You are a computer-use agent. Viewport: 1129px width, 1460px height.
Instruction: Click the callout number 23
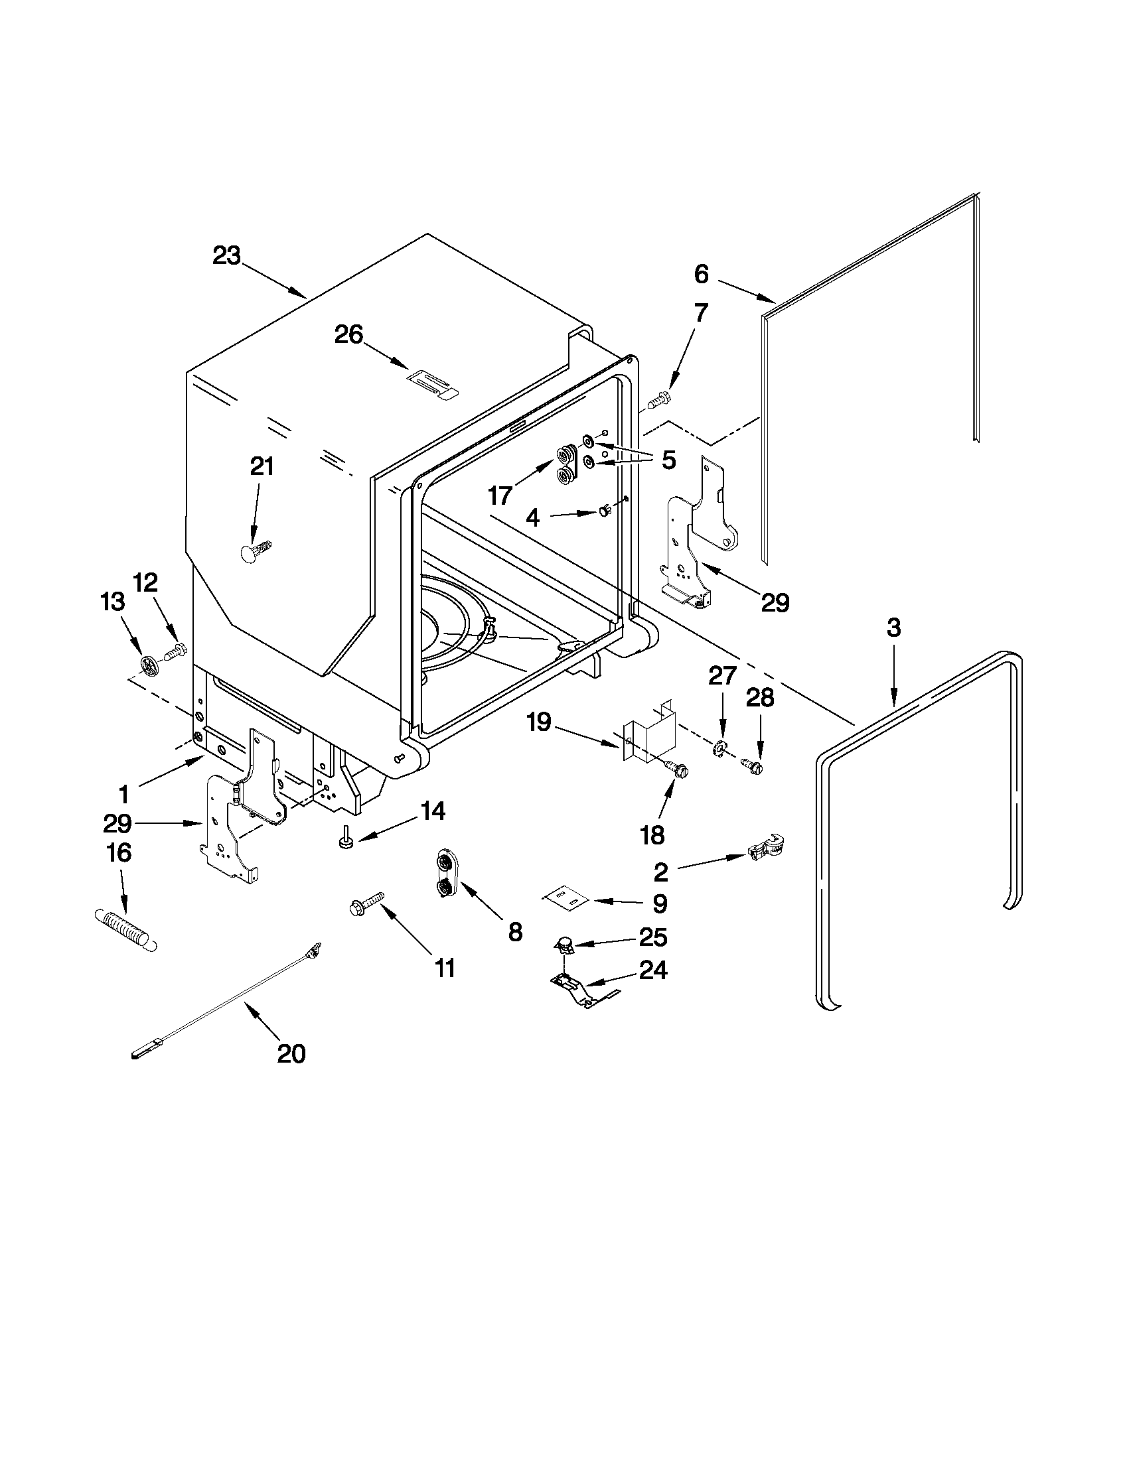[227, 256]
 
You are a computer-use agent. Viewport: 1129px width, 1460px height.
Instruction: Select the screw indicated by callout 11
[366, 903]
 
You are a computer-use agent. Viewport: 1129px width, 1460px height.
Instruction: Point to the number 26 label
[348, 334]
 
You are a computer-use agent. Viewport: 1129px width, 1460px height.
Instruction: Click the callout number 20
[291, 1053]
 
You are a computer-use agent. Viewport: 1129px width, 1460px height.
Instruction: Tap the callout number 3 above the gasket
[893, 628]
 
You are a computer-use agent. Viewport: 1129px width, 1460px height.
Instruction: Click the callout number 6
[700, 274]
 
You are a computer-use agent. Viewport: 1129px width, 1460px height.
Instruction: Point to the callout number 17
[500, 496]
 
